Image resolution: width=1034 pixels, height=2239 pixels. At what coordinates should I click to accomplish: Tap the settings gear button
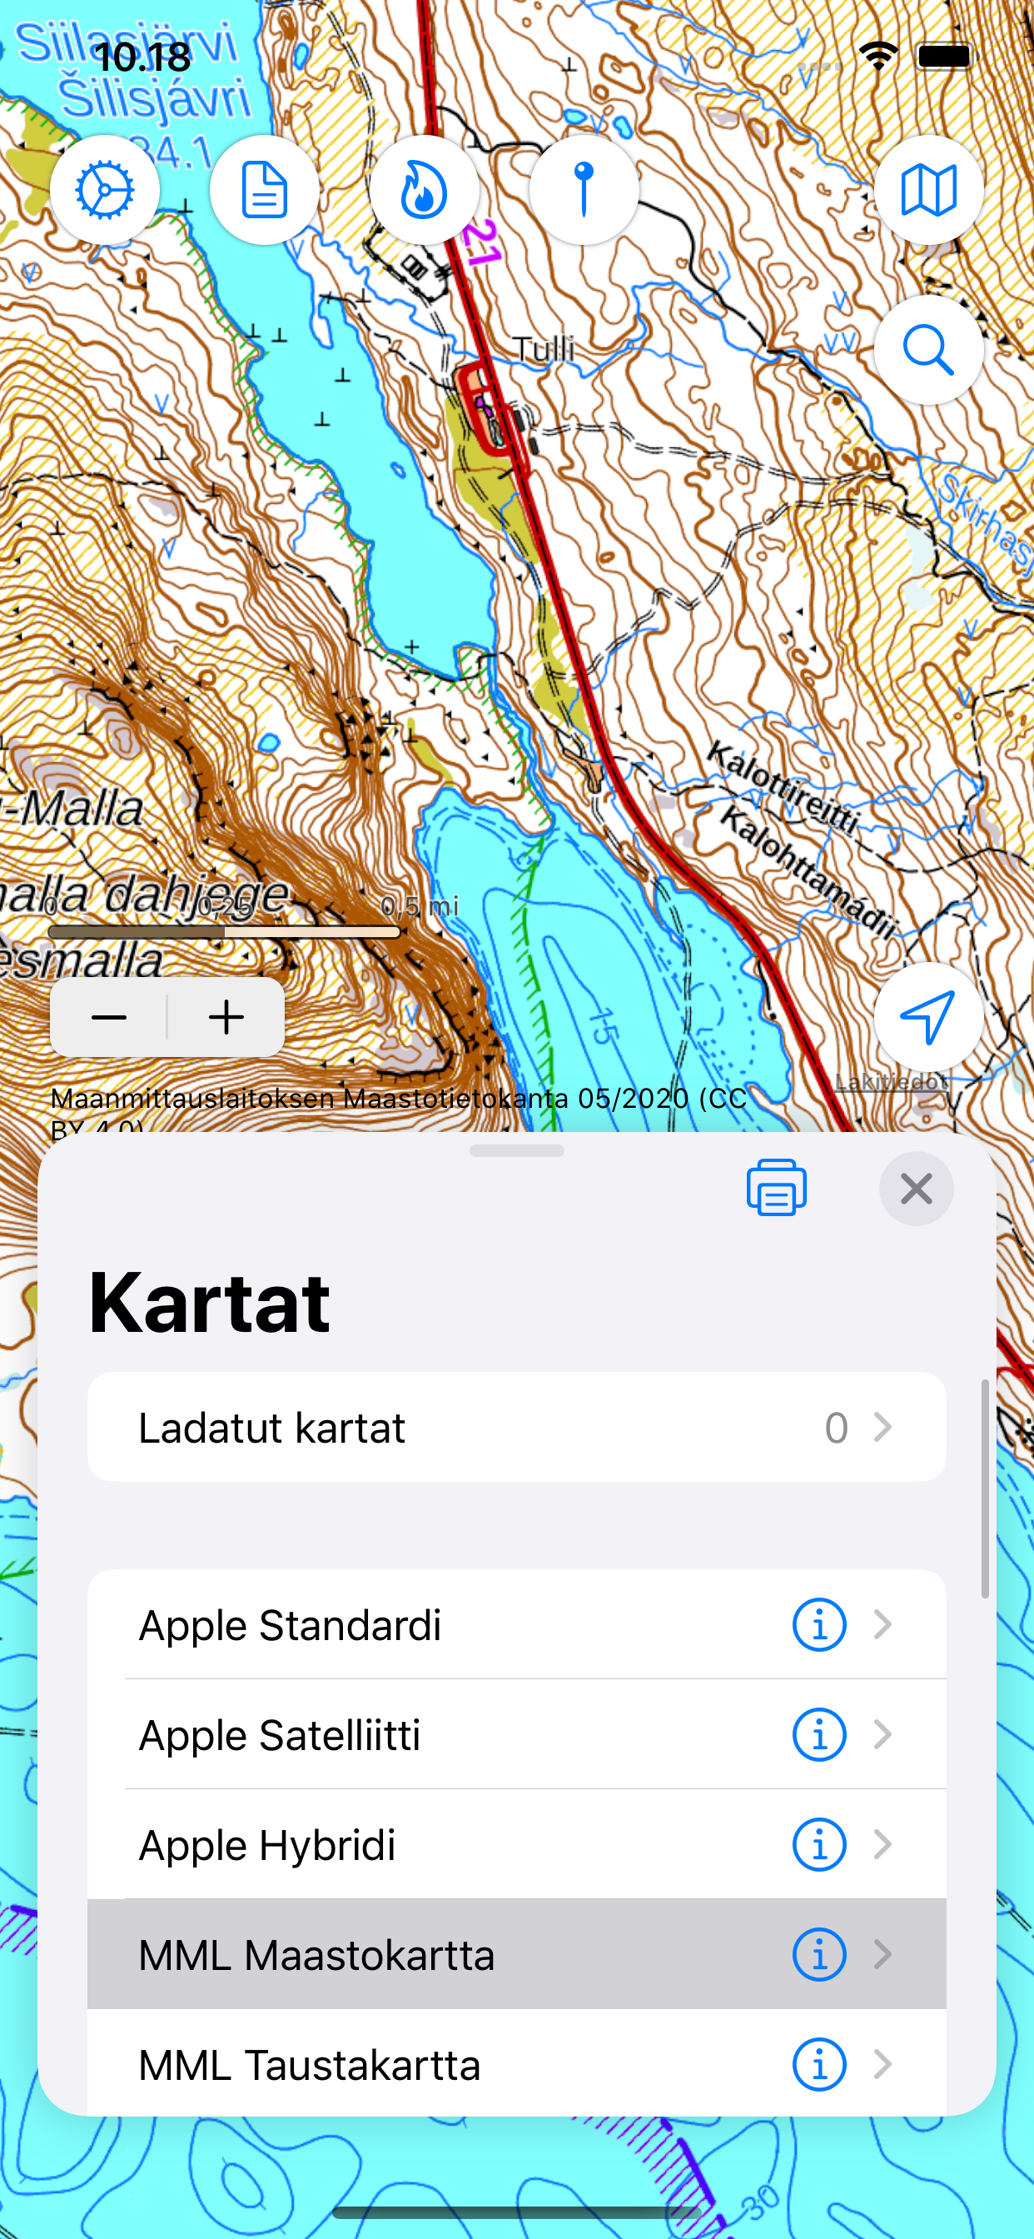104,191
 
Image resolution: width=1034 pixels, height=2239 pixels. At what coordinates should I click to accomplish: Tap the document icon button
264,191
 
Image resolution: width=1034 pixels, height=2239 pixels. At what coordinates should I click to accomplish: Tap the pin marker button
584,191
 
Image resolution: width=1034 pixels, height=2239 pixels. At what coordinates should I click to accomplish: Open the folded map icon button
928,191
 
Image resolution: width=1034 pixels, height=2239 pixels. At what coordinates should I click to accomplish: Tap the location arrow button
928,1017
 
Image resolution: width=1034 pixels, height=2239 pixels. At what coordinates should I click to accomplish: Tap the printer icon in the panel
776,1188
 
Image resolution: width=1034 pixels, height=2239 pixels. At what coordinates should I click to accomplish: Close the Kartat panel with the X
916,1188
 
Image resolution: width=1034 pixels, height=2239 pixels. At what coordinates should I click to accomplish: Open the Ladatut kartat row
516,1427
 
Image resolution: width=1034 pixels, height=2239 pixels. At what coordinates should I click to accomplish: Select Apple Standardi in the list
291,1624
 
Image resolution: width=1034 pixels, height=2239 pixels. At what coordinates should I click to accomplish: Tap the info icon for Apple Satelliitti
818,1735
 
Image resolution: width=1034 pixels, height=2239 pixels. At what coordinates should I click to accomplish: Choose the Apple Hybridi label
266,1844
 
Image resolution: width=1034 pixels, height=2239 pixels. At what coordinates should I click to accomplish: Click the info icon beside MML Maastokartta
818,1955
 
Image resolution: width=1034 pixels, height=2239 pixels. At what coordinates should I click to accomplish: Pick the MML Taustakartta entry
310,2064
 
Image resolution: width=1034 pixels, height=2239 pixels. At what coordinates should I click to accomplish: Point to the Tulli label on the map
543,349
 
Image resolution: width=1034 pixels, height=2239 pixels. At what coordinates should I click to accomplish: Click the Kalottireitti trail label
782,786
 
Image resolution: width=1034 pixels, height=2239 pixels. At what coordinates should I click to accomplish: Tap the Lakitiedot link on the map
891,1082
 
